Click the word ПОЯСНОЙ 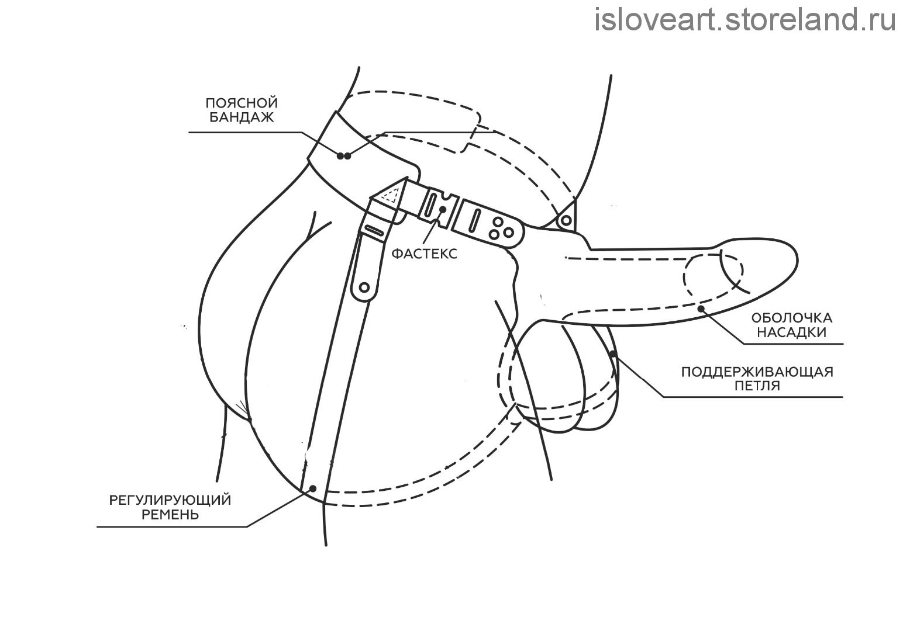[242, 103]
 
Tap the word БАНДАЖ [242, 117]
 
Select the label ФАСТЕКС [425, 254]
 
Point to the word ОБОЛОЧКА [792, 318]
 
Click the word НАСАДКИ [792, 332]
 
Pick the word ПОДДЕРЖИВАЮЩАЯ [757, 372]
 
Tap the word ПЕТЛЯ [757, 386]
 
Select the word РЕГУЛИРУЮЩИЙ [170, 500]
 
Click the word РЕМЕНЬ [170, 514]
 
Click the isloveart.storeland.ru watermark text [745, 19]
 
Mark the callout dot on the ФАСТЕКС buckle [443, 209]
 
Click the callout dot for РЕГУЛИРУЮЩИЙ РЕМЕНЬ [312, 488]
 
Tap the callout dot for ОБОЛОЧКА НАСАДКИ [701, 308]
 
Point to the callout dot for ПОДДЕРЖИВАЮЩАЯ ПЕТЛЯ [614, 354]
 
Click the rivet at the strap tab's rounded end [364, 287]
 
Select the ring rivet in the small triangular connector [566, 220]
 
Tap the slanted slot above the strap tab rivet [374, 230]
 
